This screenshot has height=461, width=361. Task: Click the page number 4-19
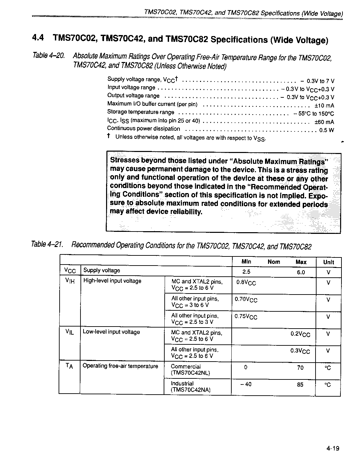[x=332, y=448]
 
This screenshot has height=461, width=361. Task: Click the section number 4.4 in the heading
[x=38, y=38]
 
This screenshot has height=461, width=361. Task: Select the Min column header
[x=247, y=262]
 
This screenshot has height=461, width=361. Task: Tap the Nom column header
[x=274, y=262]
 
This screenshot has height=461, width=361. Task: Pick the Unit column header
[x=329, y=262]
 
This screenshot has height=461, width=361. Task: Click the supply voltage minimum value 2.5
[x=246, y=272]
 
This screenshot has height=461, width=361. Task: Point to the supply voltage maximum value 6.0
[x=301, y=272]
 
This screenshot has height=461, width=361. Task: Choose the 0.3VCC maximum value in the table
[x=300, y=351]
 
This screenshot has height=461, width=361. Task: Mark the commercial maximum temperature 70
[x=300, y=368]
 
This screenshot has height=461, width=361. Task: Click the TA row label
[x=69, y=366]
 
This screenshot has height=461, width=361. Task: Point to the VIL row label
[x=69, y=332]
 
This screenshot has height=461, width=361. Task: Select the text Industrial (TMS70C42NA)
[x=191, y=387]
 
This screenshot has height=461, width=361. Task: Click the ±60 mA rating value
[x=324, y=122]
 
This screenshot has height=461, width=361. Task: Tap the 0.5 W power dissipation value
[x=327, y=130]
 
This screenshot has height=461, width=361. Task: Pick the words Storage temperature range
[x=141, y=112]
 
